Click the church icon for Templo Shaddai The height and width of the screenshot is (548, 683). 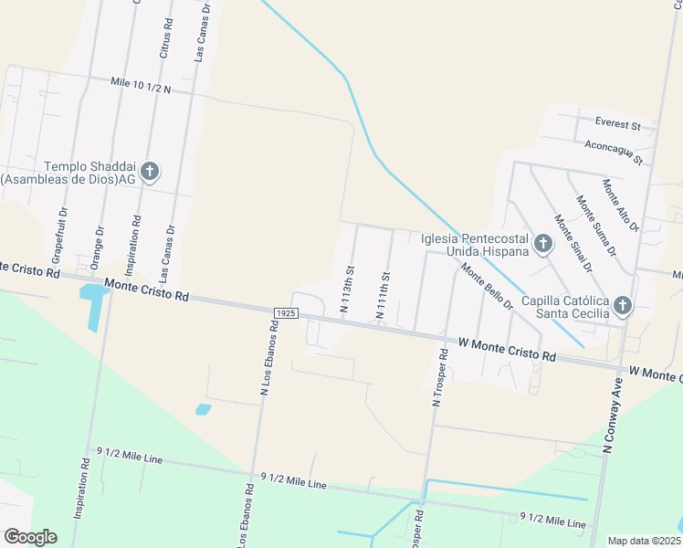151,171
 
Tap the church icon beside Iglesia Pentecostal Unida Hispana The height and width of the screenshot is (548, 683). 543,244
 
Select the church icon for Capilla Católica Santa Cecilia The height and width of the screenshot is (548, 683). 623,306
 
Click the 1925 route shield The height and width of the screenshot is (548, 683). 284,312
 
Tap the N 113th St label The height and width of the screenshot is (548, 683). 347,289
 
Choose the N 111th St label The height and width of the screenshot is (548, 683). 384,295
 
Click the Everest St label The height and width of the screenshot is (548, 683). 618,123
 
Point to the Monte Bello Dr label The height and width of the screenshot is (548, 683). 487,286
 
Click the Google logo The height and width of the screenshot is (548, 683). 30,537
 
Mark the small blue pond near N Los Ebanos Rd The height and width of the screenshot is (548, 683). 203,409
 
